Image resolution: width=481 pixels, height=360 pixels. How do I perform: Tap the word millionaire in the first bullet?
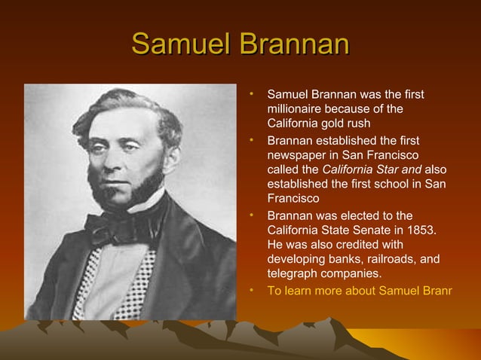click(x=298, y=109)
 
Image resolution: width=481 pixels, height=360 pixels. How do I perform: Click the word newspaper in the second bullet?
click(x=296, y=155)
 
